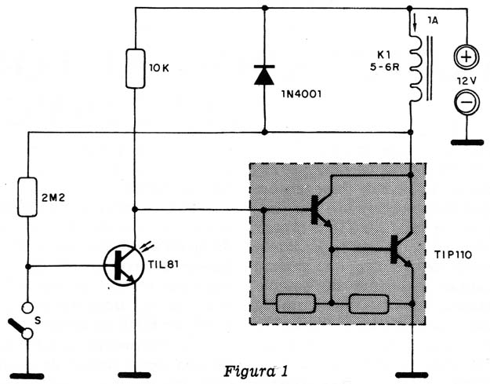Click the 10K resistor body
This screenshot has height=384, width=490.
coord(136,68)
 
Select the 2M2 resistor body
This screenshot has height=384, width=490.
coord(27,197)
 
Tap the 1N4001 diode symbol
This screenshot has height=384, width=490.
coord(264,75)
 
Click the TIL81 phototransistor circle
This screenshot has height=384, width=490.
coord(124,265)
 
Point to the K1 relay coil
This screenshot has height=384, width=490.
coord(416,69)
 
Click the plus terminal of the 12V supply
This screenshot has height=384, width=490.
coord(466,57)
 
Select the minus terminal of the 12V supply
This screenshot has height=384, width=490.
coord(466,102)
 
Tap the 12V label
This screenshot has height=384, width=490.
coord(466,81)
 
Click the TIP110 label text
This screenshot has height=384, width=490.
coord(453,255)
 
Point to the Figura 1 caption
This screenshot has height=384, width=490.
coord(256,371)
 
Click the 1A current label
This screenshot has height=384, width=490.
coord(433,21)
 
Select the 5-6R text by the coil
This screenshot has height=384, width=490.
coord(385,67)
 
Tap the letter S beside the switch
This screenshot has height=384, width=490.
coord(38,320)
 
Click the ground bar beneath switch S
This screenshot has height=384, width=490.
coord(27,375)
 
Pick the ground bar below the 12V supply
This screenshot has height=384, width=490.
coord(467,142)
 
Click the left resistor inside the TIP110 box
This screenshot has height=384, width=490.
coord(296,303)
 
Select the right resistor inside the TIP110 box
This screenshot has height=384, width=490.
coord(368,304)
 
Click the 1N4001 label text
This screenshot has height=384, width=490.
coord(301,94)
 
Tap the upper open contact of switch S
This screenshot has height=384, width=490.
coord(27,308)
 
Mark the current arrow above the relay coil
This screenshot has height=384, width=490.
coord(415,23)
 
